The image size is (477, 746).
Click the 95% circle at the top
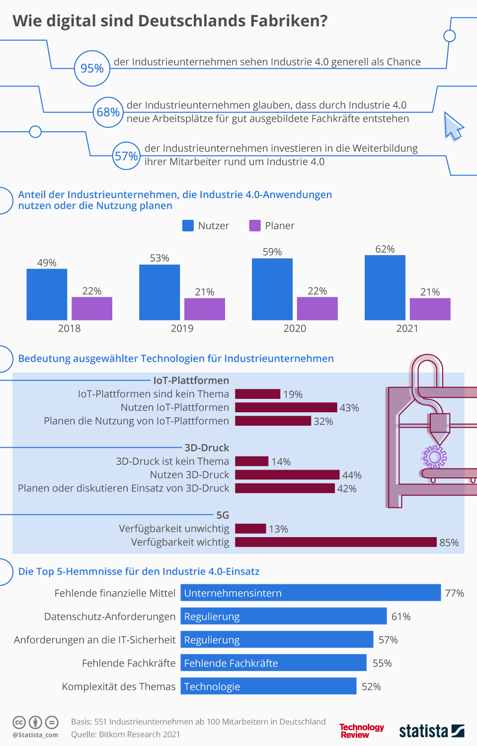[92, 68]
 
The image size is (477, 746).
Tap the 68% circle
[108, 112]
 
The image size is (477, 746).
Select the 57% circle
[126, 156]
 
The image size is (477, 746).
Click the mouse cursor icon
[452, 126]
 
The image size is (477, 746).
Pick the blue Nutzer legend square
[188, 225]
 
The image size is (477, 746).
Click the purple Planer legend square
[255, 225]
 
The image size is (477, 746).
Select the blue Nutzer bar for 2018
[47, 294]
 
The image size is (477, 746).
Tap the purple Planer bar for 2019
[205, 309]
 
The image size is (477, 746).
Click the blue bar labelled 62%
[385, 287]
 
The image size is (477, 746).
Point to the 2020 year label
[295, 328]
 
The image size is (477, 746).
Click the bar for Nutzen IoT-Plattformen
[286, 407]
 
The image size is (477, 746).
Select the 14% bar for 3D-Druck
[252, 461]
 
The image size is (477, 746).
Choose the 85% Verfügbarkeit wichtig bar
[335, 542]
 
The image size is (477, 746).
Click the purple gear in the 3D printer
[435, 457]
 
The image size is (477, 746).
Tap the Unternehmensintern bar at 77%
[311, 593]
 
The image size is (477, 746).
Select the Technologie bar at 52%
[268, 686]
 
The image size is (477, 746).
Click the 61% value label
[401, 617]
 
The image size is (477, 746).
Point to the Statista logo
[431, 731]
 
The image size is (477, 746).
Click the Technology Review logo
[361, 731]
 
